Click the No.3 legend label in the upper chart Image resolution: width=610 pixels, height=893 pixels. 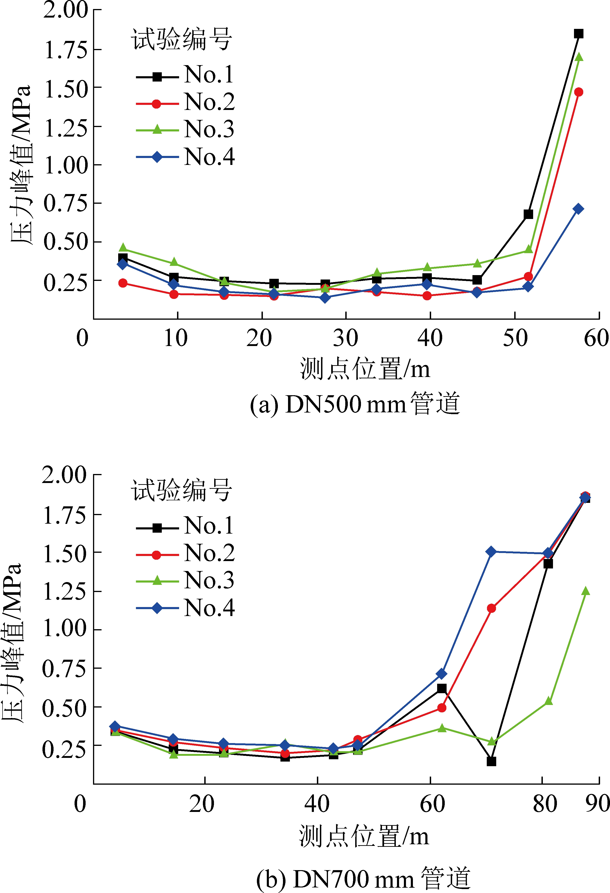(x=209, y=129)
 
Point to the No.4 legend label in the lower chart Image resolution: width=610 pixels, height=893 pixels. (x=209, y=608)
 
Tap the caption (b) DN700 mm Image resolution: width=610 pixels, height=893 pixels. (x=363, y=878)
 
